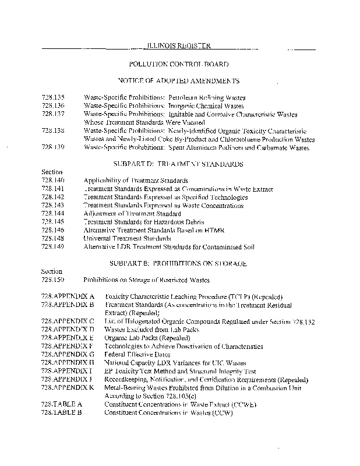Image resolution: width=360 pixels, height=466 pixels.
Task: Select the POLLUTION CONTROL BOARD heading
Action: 178,63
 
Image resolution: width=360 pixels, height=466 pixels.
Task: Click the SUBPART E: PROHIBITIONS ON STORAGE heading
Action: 178,263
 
